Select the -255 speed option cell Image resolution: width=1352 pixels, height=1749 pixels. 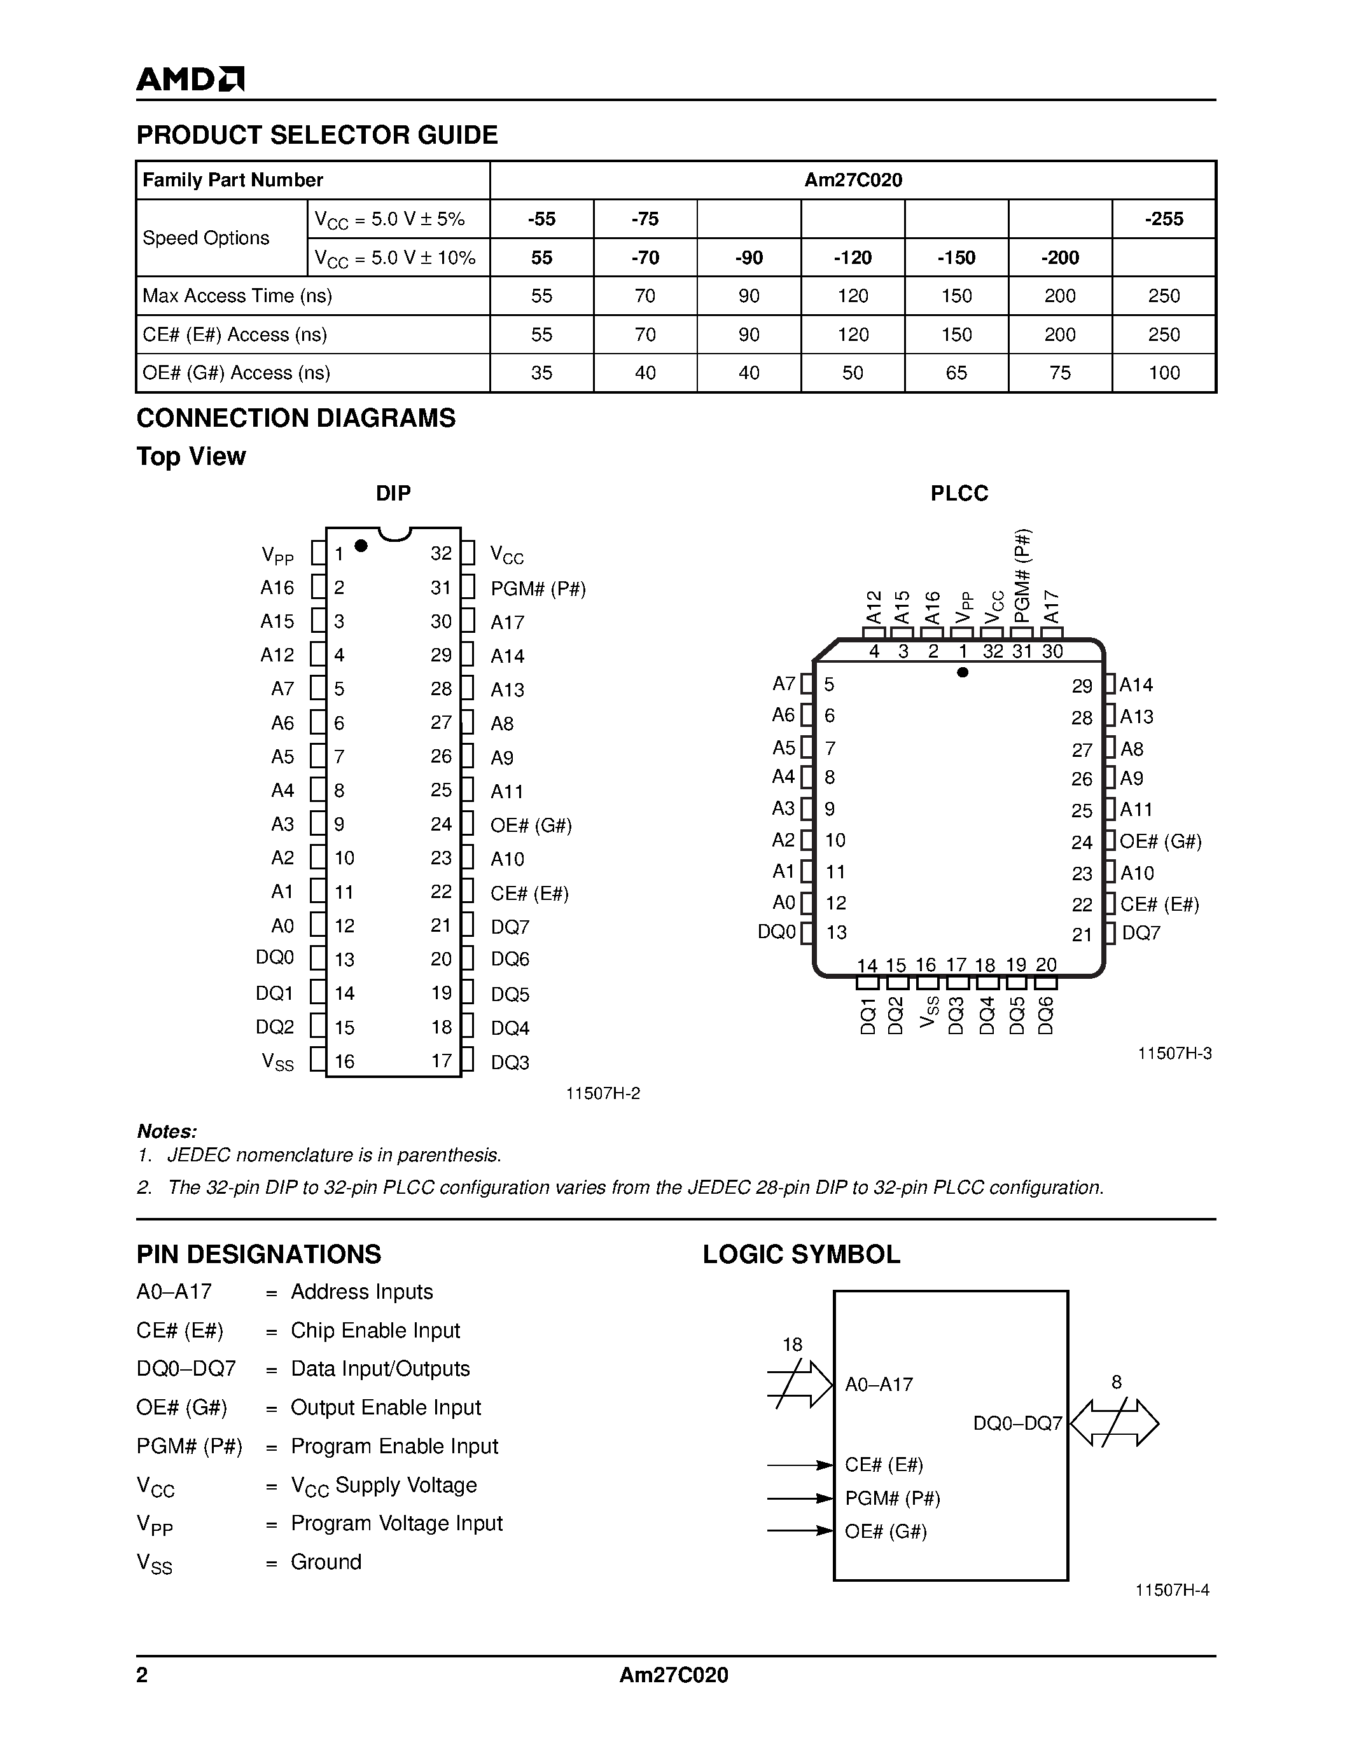click(1163, 219)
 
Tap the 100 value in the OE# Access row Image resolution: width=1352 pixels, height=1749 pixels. click(1163, 373)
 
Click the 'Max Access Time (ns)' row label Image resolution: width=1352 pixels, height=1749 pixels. click(237, 296)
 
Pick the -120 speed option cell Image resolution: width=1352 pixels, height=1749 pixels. click(852, 257)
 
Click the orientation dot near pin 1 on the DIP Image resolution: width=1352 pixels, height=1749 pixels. click(360, 545)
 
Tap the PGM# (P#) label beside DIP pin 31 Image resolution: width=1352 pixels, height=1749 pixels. click(538, 588)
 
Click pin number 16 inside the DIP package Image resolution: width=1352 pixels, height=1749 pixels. click(344, 1061)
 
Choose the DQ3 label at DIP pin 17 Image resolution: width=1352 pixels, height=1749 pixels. click(510, 1062)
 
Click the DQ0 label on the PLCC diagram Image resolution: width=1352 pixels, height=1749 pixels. click(777, 932)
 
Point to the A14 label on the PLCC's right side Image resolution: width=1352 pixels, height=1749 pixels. click(1136, 685)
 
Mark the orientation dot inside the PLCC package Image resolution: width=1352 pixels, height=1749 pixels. click(963, 672)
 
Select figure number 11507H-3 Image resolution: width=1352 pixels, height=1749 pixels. click(1174, 1053)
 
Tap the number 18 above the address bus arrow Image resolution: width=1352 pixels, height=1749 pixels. click(792, 1345)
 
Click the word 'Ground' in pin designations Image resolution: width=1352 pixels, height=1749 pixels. click(326, 1561)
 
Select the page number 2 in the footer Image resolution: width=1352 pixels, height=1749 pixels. click(142, 1675)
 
